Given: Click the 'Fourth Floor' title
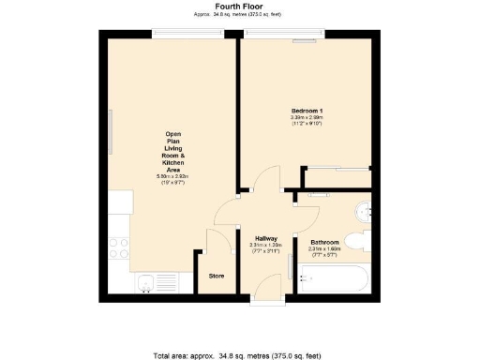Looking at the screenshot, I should point(239,6).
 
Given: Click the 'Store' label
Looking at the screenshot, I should point(217,276).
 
